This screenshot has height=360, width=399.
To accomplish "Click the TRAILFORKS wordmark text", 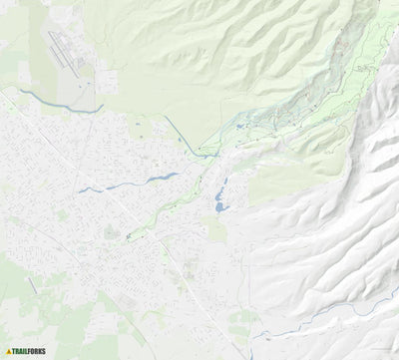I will coord(29,351).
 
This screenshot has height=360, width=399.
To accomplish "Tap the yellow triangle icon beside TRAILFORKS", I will coord(9,351).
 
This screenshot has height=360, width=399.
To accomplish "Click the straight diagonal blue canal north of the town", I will coord(182,134).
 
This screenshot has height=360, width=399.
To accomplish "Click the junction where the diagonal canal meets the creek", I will coord(201,154).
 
